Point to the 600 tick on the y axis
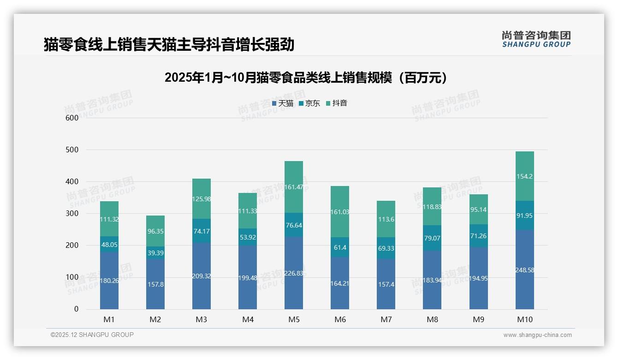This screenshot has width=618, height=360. point(72,118)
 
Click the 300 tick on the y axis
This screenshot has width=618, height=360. point(72,214)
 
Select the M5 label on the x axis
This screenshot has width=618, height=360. point(294,319)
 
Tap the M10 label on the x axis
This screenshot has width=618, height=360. point(524,319)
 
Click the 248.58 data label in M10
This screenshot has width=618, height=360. point(524,270)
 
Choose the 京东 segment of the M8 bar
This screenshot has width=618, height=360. point(432,238)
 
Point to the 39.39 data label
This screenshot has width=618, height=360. point(155,253)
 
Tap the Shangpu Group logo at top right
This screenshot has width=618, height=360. point(536,39)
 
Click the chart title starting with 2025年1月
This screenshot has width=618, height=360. point(306,78)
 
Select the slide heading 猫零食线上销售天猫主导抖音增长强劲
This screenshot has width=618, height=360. point(169,45)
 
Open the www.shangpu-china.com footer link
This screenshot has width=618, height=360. point(537,335)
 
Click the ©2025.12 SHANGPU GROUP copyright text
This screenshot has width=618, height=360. point(92,335)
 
